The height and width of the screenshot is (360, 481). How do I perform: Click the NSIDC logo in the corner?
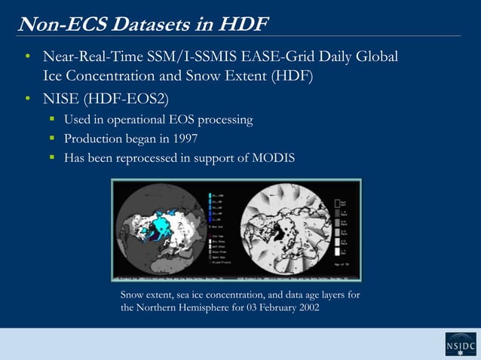(x=461, y=344)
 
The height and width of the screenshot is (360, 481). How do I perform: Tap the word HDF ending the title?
(x=244, y=23)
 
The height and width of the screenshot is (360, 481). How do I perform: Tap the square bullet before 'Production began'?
(x=54, y=139)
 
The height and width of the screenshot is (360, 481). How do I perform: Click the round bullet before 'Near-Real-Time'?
(x=27, y=57)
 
